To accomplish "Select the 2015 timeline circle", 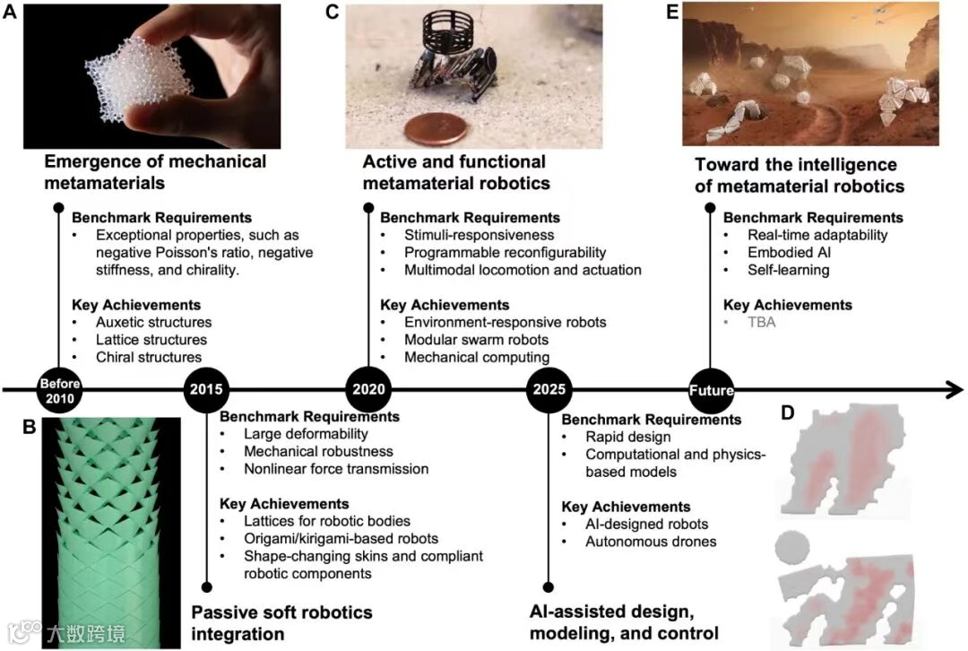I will (207, 389).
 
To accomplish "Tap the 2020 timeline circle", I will (369, 389).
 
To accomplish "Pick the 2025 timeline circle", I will (549, 389).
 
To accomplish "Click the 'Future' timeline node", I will (711, 389).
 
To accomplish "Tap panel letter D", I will (787, 413).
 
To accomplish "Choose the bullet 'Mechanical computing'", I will (463, 357).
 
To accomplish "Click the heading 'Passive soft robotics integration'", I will (281, 623).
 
